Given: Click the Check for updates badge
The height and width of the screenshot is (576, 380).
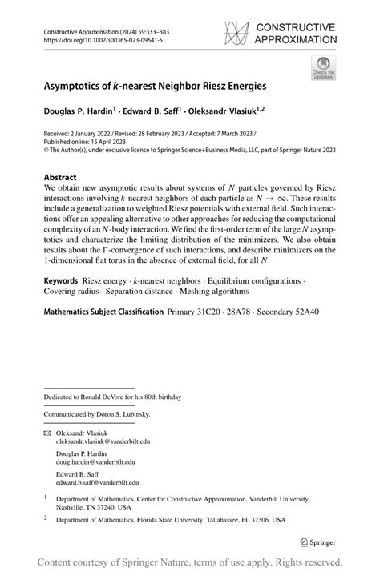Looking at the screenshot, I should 325,68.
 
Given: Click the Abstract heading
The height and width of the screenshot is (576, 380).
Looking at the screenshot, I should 60,177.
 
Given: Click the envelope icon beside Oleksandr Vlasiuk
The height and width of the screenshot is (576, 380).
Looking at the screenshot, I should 47,433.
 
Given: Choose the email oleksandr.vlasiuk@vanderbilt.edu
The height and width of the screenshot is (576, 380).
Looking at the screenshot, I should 103,441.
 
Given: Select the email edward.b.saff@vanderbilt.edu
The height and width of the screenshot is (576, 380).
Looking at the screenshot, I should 97,483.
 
